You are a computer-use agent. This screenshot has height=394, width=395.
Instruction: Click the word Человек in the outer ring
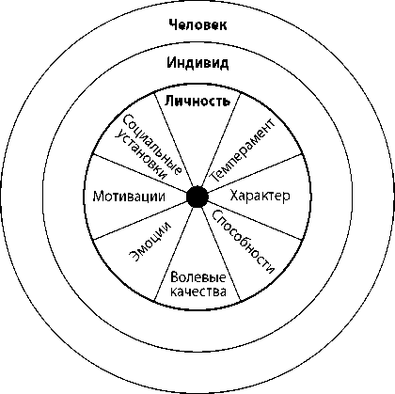tap(197, 24)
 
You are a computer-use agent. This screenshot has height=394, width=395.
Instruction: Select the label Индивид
tap(197, 63)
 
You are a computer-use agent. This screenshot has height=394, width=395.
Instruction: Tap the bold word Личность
tap(197, 101)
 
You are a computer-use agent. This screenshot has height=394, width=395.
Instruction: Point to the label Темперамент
tap(243, 151)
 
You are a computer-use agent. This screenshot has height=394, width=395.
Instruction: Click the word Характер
tap(260, 197)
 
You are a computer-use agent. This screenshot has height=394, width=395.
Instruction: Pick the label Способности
tap(244, 242)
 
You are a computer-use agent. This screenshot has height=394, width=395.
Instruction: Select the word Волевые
tap(197, 277)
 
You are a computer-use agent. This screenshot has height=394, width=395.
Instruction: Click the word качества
tap(197, 292)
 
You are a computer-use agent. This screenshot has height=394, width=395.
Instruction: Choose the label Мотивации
tap(129, 197)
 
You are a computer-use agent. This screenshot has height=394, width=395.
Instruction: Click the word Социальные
tap(152, 145)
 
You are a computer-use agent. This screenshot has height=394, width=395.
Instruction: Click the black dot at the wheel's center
tap(197, 197)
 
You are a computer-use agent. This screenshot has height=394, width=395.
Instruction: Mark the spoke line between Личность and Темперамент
tap(221, 139)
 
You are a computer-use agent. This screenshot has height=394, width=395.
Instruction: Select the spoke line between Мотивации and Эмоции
tap(140, 220)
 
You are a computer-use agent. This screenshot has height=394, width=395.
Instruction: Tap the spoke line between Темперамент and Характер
tap(254, 173)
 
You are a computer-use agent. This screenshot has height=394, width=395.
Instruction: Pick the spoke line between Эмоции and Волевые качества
tap(174, 254)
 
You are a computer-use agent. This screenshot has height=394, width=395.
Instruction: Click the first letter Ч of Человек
tap(173, 24)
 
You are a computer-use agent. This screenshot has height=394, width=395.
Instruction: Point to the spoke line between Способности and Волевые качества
tap(221, 254)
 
